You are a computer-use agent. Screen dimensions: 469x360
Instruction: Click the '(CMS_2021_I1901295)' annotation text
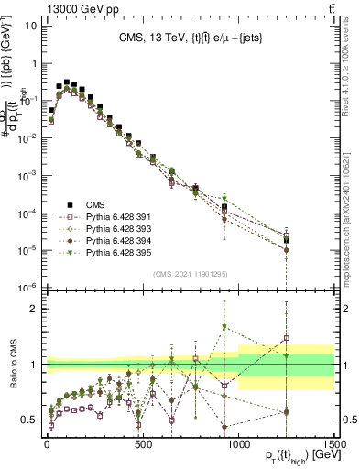pos(191,274)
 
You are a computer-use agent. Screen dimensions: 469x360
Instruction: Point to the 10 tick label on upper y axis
pos(30,26)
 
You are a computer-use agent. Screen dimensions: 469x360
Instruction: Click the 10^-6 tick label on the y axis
pos(27,288)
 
